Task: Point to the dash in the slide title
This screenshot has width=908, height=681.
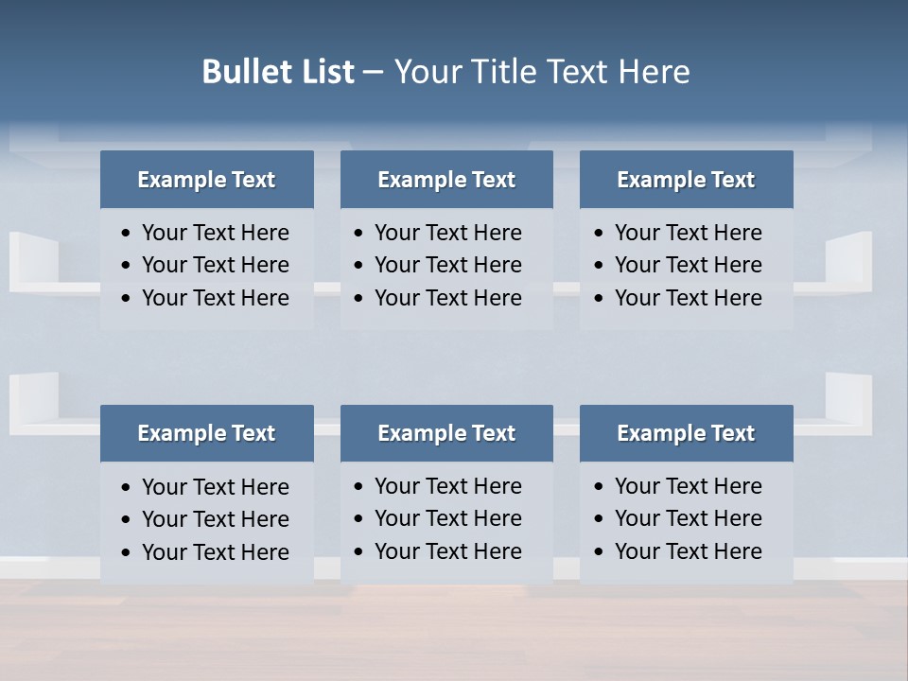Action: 373,73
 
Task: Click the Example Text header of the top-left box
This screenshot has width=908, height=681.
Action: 206,180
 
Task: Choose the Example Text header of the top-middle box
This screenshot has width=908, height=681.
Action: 446,180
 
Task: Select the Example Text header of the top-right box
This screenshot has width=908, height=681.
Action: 686,180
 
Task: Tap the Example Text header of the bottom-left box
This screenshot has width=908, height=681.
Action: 206,433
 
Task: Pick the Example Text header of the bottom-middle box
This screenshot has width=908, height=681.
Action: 446,433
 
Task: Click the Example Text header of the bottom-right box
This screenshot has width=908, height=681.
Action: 686,433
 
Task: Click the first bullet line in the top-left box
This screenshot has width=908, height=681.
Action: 215,233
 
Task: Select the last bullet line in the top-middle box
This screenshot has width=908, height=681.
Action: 447,298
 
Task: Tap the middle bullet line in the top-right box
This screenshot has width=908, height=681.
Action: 688,265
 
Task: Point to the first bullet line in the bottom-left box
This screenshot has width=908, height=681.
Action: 215,487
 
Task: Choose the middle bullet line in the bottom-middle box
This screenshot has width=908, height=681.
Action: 447,518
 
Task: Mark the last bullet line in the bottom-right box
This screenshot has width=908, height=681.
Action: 688,551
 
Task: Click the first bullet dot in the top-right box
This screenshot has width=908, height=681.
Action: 599,234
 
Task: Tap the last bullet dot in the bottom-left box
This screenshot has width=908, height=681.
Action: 127,552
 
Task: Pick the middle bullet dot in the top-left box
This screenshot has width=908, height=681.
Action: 127,266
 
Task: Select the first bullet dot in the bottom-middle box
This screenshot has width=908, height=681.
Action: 358,487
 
